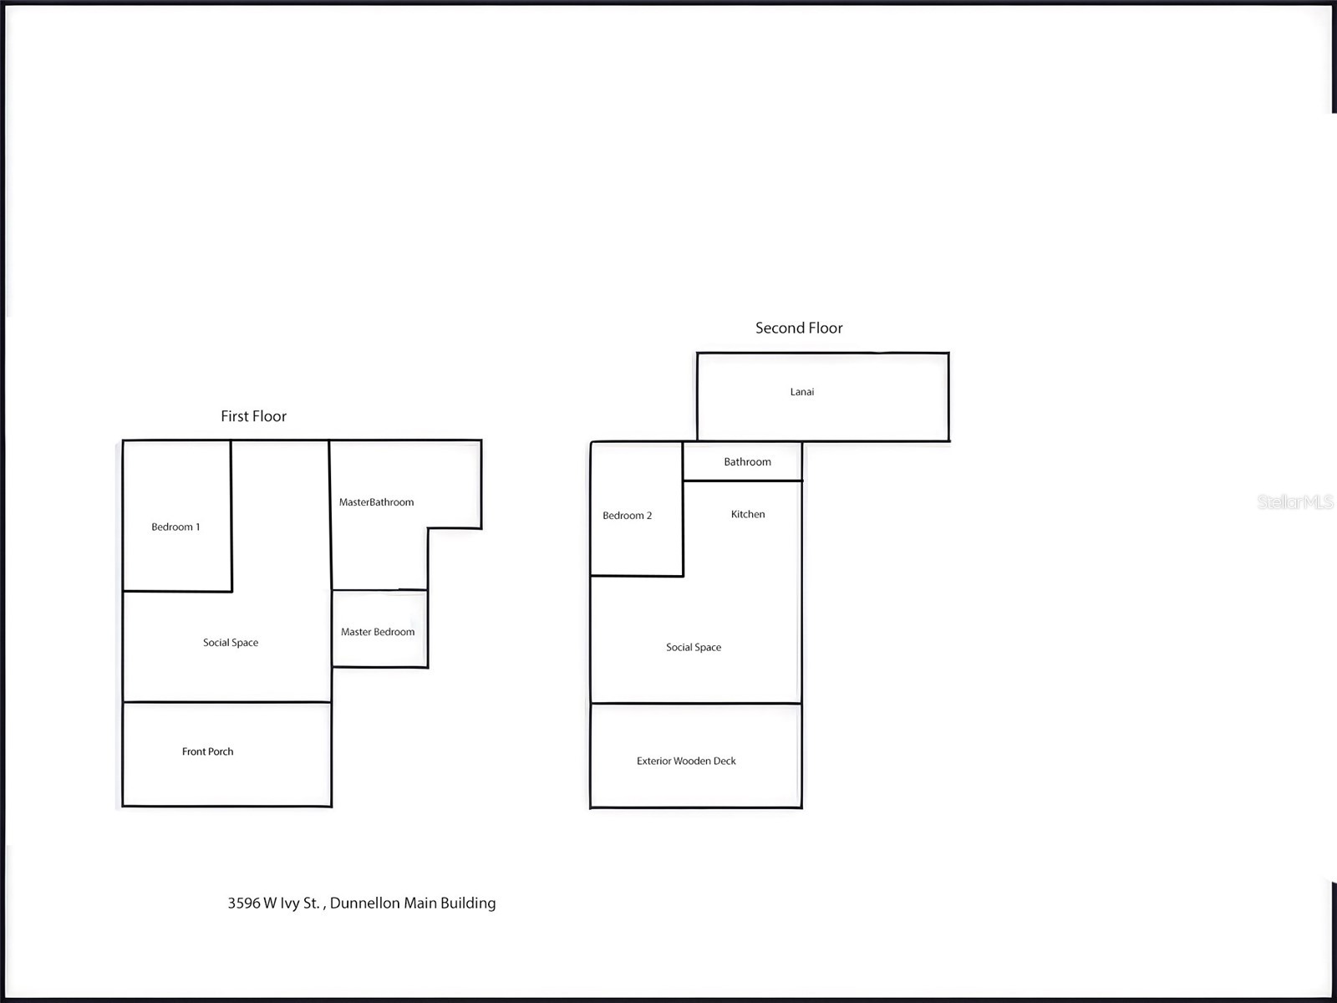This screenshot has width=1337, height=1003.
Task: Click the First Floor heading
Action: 253,416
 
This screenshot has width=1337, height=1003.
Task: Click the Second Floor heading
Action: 799,328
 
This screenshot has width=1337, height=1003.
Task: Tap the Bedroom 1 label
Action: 175,527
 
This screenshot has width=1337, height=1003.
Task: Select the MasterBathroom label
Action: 376,502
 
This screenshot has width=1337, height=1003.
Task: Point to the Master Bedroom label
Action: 378,632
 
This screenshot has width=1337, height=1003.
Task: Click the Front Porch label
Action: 208,751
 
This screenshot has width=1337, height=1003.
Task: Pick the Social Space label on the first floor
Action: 231,643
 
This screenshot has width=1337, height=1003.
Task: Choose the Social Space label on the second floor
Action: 694,647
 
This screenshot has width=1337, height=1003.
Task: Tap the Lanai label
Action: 802,391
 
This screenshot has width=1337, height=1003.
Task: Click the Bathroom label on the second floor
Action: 747,461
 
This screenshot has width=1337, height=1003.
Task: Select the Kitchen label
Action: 748,514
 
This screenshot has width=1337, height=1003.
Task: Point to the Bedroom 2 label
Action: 628,515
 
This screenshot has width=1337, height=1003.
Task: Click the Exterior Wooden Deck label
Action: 687,761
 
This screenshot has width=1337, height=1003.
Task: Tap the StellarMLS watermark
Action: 1295,501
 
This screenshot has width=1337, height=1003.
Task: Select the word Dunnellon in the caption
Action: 365,904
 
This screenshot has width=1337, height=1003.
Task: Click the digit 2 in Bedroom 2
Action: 649,515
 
